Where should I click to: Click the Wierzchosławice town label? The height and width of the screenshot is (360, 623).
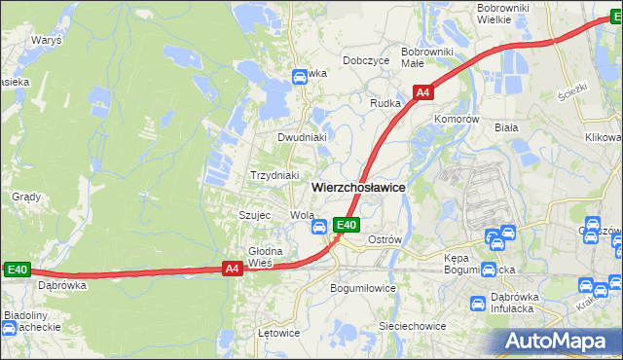tap(358, 187)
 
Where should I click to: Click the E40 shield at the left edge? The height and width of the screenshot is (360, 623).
tap(18, 270)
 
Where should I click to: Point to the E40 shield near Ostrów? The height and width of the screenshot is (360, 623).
tap(348, 225)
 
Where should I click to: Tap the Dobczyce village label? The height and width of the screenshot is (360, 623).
tap(366, 60)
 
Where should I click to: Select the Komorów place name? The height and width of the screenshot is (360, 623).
tap(458, 119)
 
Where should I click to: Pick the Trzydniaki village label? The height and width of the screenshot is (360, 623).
tap(274, 175)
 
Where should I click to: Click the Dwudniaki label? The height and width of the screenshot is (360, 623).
tap(301, 137)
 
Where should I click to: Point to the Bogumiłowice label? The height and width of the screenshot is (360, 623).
tap(363, 288)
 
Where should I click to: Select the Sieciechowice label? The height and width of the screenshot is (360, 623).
tap(412, 326)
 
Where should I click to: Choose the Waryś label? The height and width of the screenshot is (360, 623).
tap(46, 41)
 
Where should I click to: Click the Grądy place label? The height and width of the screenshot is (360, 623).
tap(25, 197)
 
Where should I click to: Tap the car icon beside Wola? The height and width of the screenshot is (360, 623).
tap(318, 227)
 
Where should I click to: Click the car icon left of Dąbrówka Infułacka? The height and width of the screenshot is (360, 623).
tap(478, 304)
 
